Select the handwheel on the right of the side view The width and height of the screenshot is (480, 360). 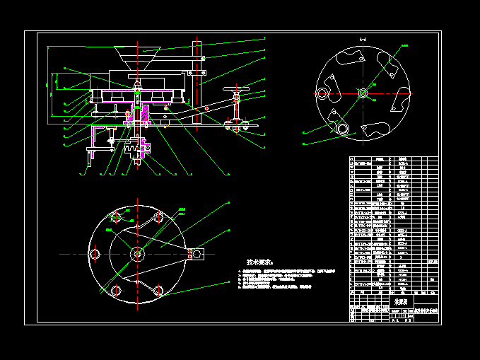click(236, 90)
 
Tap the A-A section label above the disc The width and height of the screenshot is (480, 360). click(363, 40)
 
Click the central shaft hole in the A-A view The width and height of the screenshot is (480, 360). click(363, 93)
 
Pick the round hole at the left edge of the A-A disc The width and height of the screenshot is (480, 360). click(322, 93)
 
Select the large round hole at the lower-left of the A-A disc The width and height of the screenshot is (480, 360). click(343, 128)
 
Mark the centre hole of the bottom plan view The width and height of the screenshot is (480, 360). click(137, 253)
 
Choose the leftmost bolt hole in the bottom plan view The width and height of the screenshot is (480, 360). click(94, 253)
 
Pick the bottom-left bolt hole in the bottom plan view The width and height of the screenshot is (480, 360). click(115, 289)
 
